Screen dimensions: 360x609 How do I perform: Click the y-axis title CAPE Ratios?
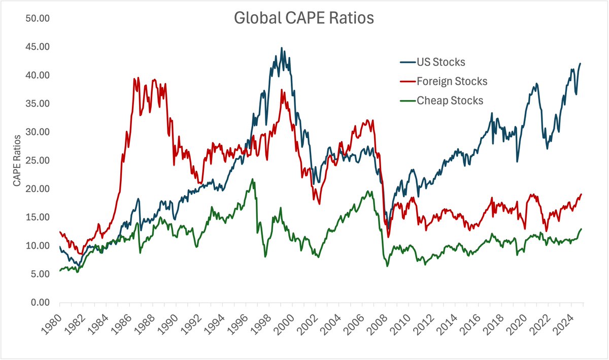17,160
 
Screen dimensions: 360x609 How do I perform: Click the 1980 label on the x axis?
53,322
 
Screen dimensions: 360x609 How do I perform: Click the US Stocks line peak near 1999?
282,48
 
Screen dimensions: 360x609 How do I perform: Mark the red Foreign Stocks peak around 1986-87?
135,78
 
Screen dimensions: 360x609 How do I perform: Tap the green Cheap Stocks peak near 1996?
253,179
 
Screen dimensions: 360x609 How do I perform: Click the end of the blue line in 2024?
581,63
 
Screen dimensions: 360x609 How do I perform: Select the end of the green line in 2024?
581,229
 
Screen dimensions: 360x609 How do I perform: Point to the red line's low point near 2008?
389,237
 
